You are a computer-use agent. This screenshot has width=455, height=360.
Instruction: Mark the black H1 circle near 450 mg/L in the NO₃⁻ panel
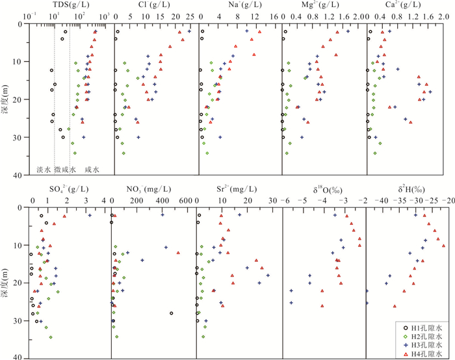(x=171, y=313)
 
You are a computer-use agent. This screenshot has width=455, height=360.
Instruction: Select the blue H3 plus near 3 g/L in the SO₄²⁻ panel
(x=90, y=215)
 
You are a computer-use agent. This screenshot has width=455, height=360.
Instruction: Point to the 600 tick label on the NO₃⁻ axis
(x=186, y=201)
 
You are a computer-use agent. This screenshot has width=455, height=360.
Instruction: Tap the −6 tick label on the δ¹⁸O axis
(x=283, y=201)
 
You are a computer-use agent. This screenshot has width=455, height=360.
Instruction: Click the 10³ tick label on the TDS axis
(x=105, y=15)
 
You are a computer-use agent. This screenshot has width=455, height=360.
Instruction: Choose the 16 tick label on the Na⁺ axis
(x=273, y=15)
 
